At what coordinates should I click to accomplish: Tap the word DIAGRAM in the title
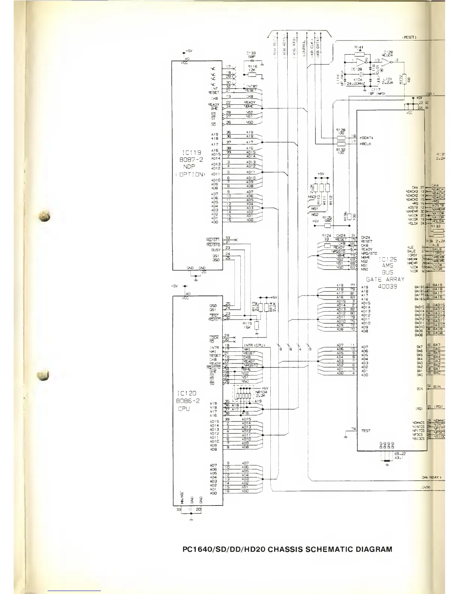click(373, 550)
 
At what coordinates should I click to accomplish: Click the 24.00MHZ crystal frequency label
click(357, 83)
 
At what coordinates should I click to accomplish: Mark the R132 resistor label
click(340, 150)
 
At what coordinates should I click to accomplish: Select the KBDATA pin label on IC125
click(366, 138)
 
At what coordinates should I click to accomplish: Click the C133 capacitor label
click(251, 53)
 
